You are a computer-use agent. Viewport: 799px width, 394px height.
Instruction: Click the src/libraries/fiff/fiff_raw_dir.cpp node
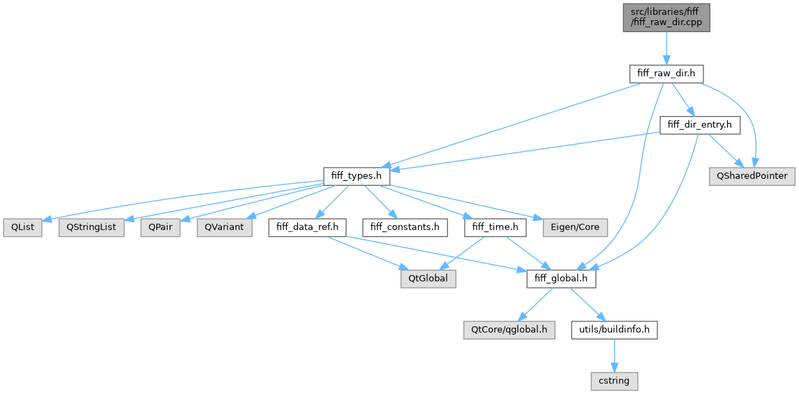point(666,16)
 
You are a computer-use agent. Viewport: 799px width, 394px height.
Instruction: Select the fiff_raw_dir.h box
point(666,73)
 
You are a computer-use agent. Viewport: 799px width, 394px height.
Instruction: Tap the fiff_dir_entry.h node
point(700,125)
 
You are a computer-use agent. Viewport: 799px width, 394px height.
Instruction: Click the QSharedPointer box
point(752,176)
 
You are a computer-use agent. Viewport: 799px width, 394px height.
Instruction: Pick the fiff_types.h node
point(356,176)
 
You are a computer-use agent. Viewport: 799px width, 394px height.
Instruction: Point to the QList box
point(22,228)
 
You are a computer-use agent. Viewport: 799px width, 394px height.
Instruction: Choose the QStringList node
point(91,228)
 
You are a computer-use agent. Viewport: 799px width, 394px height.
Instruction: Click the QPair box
point(160,228)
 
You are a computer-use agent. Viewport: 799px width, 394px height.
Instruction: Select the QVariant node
point(224,228)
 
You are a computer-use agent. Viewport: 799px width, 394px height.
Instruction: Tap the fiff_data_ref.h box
point(308,228)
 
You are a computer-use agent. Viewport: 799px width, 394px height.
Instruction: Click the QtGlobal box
point(428,279)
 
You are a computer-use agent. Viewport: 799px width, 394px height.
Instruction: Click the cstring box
point(614,381)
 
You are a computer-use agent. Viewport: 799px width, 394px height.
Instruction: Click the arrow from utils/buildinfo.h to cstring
point(614,356)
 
